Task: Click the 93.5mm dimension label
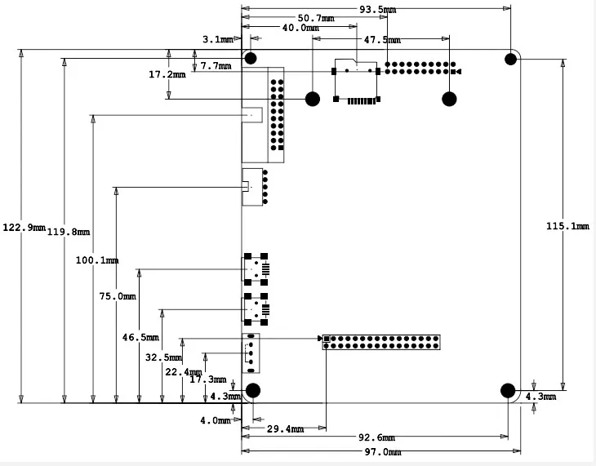[378, 10]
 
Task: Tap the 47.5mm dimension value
[382, 39]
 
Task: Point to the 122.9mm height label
[24, 228]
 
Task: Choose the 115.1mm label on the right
[567, 226]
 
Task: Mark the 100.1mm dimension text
[97, 260]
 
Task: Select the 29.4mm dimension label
[285, 428]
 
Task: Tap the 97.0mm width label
[382, 452]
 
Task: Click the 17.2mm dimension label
[167, 74]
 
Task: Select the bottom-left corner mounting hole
[253, 390]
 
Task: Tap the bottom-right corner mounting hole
[507, 390]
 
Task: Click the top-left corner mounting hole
[251, 58]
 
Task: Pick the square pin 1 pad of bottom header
[326, 338]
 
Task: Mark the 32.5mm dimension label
[163, 357]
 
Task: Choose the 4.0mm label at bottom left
[215, 421]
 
